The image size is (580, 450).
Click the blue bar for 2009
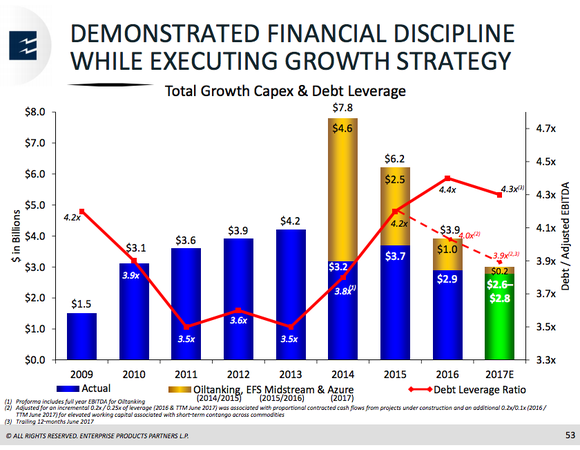(83, 335)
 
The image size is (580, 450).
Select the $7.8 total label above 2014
(342, 107)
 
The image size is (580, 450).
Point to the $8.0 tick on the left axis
(36, 112)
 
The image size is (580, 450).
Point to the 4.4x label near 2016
(448, 189)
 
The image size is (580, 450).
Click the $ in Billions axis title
(14, 235)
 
